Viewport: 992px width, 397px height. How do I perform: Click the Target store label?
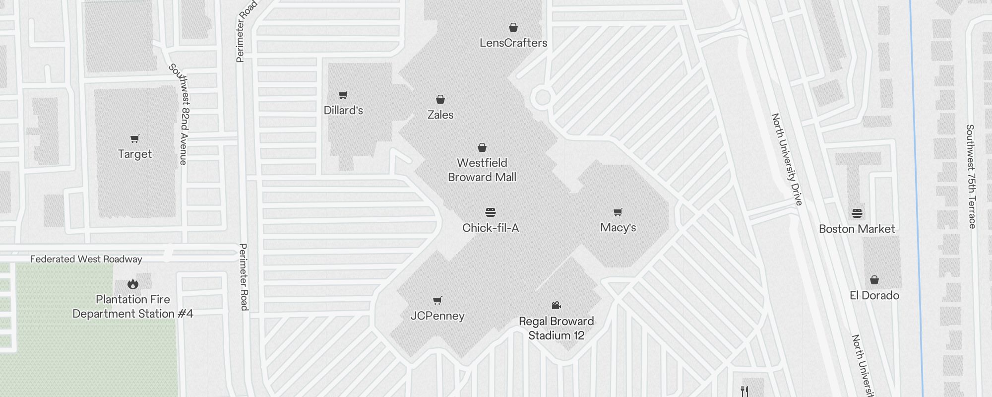pos(135,154)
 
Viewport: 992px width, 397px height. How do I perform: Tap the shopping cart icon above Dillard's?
pos(343,95)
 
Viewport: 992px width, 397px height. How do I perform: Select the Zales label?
pos(440,115)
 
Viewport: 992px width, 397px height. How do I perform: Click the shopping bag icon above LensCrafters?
pos(513,27)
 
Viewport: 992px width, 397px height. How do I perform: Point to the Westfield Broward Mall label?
pos(482,170)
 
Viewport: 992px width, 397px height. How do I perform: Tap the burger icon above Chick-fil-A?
pos(491,212)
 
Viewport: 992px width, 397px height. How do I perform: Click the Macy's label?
pos(618,228)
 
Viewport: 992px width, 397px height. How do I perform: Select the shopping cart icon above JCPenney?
pos(437,300)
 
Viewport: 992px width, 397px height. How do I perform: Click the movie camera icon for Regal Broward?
pos(556,305)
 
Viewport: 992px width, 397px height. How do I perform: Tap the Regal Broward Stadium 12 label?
pos(557,329)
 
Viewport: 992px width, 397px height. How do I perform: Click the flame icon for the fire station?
pos(132,284)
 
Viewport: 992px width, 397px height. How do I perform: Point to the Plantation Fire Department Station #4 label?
pos(133,307)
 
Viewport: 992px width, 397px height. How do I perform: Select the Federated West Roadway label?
pos(86,259)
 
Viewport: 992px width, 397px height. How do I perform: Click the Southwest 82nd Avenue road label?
pos(178,114)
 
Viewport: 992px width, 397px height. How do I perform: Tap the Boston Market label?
pos(857,229)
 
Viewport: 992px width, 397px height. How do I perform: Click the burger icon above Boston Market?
pos(857,213)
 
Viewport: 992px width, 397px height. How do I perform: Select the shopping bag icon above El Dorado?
pos(874,280)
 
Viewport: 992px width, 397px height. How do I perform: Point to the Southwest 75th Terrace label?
pos(971,176)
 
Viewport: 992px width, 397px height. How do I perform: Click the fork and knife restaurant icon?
pos(744,392)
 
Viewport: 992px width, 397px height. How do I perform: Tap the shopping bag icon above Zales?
pos(440,99)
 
